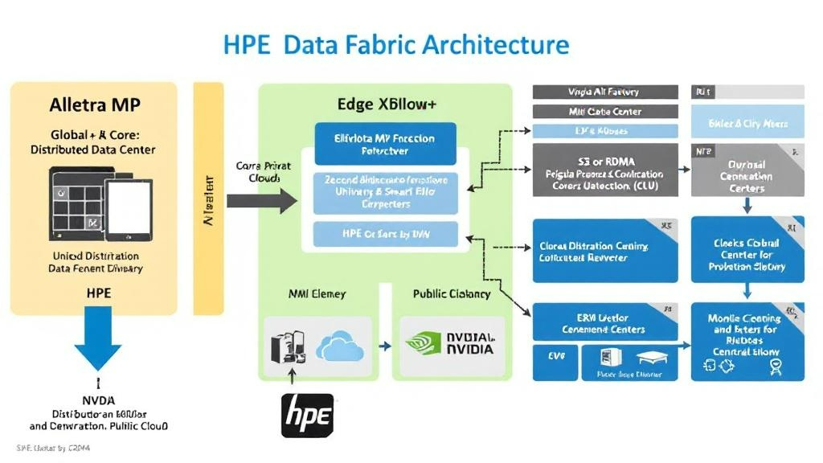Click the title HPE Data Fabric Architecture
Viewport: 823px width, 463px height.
(395, 43)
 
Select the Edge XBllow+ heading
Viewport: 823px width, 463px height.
(386, 104)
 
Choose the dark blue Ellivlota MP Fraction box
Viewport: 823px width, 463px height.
(384, 144)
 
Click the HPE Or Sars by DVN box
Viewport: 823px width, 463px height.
(384, 234)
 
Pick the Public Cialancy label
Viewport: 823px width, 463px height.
(452, 293)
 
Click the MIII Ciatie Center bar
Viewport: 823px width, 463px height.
(598, 112)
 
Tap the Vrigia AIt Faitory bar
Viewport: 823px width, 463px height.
(598, 92)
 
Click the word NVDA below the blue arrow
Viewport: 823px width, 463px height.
(98, 399)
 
